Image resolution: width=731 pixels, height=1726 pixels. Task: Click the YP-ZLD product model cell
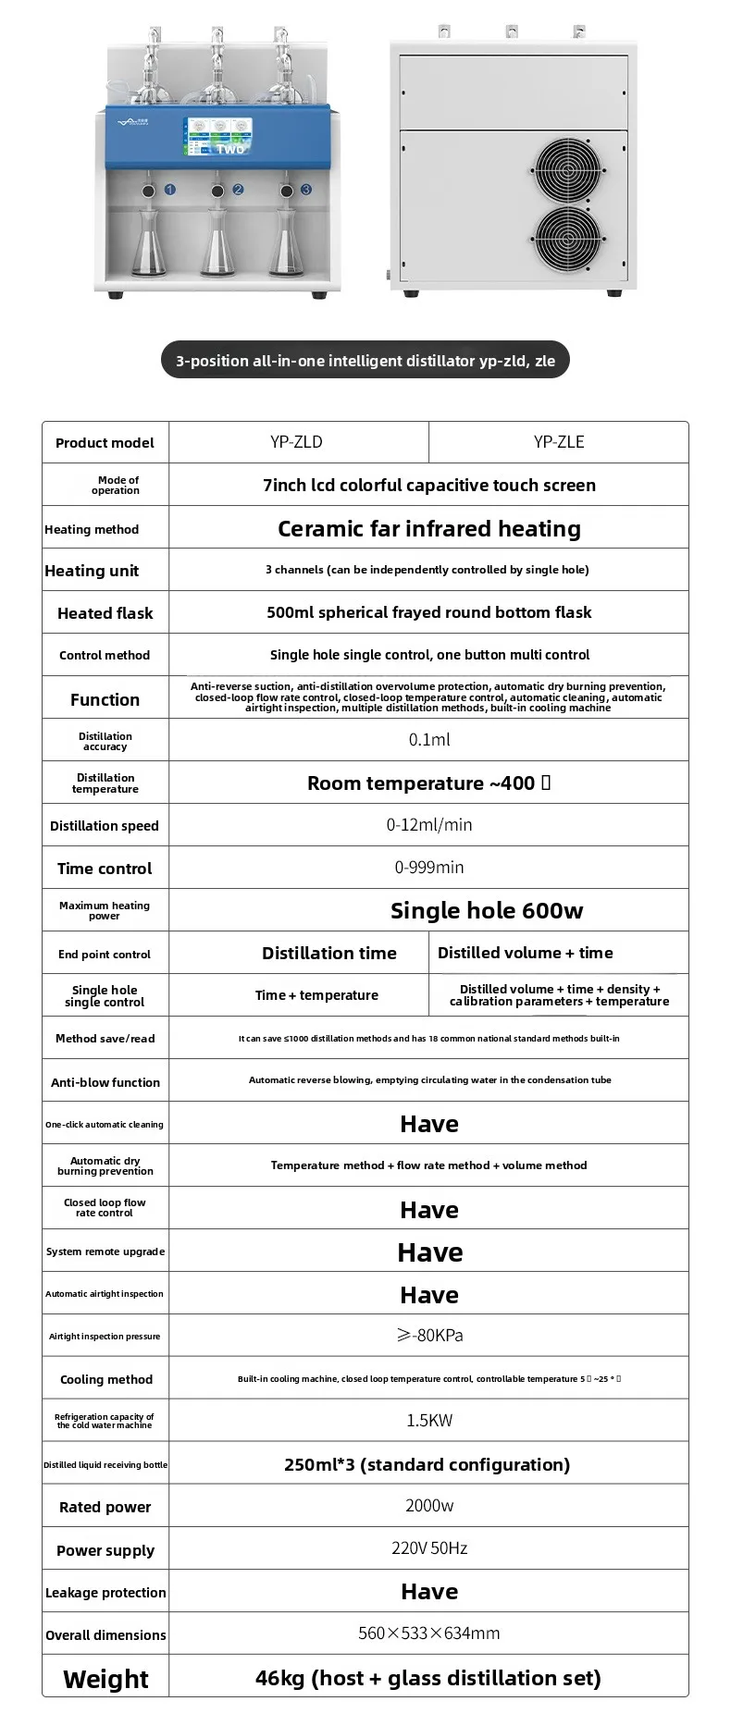pos(296,442)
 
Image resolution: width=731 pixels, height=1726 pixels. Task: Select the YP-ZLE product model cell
pos(559,442)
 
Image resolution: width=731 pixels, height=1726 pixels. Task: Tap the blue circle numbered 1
pos(169,190)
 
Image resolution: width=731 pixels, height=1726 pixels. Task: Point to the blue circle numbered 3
pos(305,190)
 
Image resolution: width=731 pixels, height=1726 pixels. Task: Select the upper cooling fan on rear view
pos(567,170)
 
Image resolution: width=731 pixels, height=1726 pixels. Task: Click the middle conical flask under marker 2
pos(218,244)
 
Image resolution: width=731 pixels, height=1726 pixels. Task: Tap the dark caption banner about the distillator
pos(365,361)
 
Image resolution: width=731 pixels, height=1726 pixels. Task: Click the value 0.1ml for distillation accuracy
pos(429,740)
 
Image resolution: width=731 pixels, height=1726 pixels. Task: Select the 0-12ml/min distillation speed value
pos(429,825)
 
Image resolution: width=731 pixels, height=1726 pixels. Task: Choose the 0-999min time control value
pos(429,868)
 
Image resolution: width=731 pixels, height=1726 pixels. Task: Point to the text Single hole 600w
pos(487,911)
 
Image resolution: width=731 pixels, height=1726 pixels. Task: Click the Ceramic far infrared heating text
pos(429,529)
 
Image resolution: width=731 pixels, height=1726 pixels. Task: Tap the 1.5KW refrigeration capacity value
pos(429,1421)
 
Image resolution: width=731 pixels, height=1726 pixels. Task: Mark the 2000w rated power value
pos(429,1506)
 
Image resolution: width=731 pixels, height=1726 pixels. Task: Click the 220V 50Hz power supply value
pos(429,1548)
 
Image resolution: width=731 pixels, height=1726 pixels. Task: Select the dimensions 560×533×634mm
pos(429,1634)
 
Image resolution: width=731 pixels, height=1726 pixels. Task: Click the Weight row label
pos(105,1679)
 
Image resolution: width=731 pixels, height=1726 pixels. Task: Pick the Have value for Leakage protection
pos(429,1592)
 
